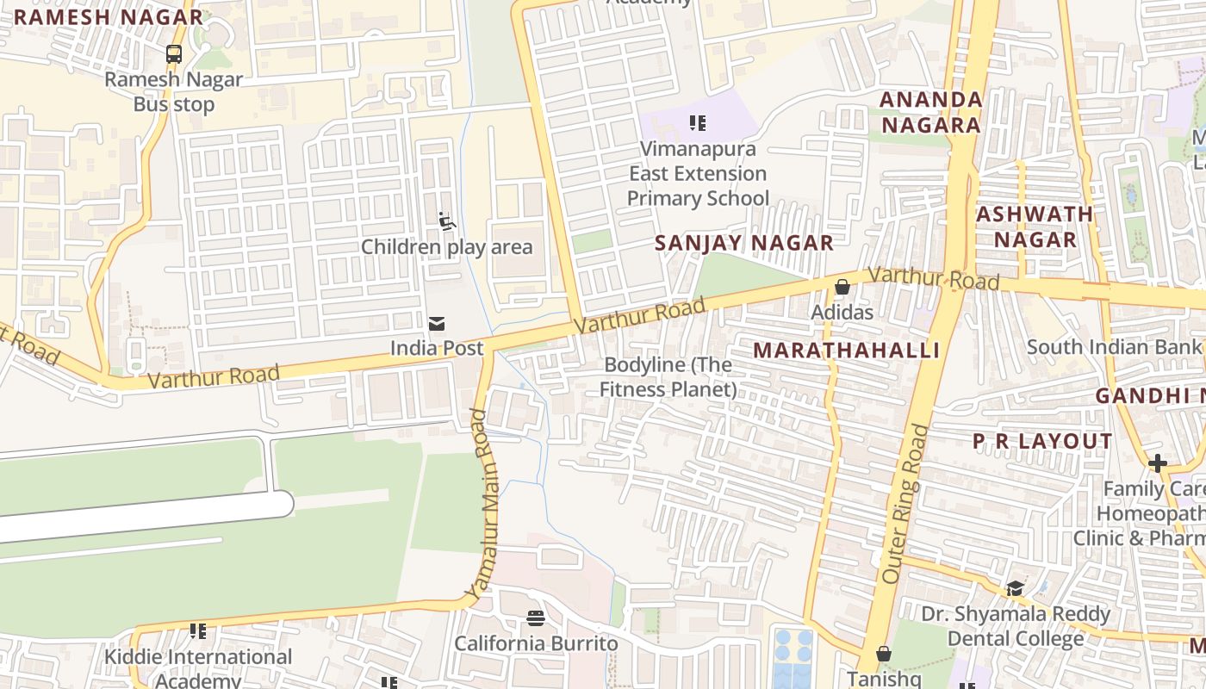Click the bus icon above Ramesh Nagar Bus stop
[174, 54]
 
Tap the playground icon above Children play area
[446, 222]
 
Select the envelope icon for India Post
[437, 324]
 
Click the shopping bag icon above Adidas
[842, 287]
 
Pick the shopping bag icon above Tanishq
[883, 654]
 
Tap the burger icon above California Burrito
[536, 618]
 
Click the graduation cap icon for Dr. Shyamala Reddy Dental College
[1015, 588]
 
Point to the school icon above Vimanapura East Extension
[698, 123]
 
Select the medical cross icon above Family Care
[1157, 463]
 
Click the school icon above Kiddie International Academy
[198, 631]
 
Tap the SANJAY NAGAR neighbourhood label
[744, 243]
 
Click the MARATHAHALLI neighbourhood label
[846, 351]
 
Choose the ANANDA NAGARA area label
[930, 112]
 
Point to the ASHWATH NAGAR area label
[1035, 227]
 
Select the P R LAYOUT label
[1042, 442]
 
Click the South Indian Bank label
[1114, 347]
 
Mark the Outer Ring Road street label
[905, 503]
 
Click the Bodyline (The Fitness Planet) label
[668, 377]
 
